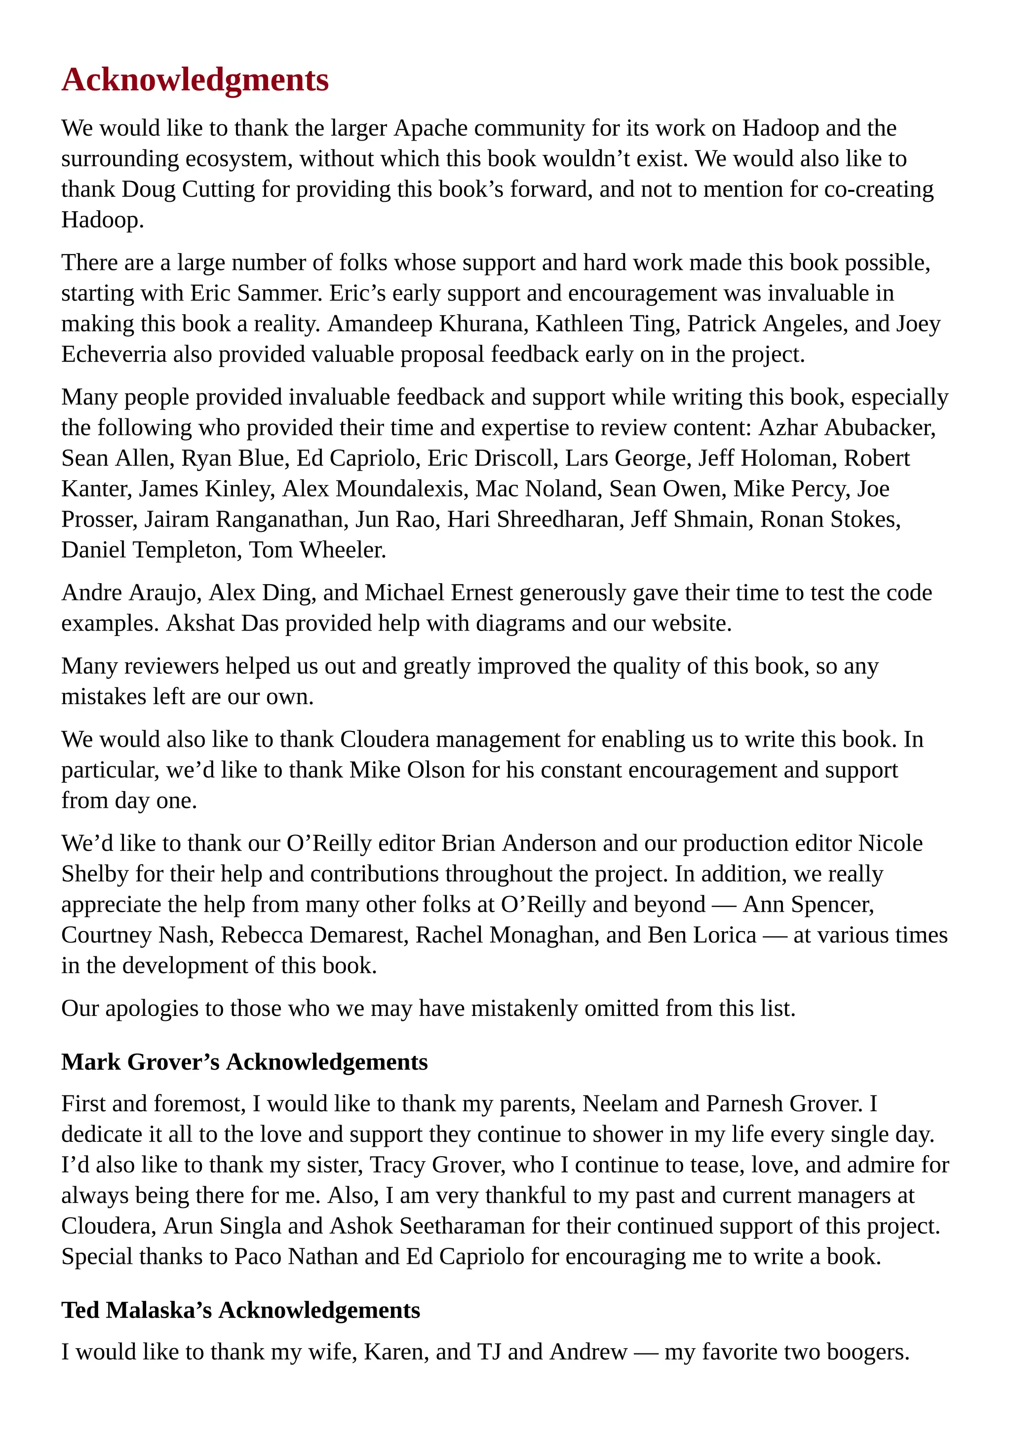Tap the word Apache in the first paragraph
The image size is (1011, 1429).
click(x=431, y=128)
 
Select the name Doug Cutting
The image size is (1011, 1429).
click(x=188, y=189)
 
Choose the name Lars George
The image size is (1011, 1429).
click(x=627, y=458)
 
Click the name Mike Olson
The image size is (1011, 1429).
click(x=407, y=770)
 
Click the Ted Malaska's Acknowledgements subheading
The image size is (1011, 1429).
click(x=240, y=1310)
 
